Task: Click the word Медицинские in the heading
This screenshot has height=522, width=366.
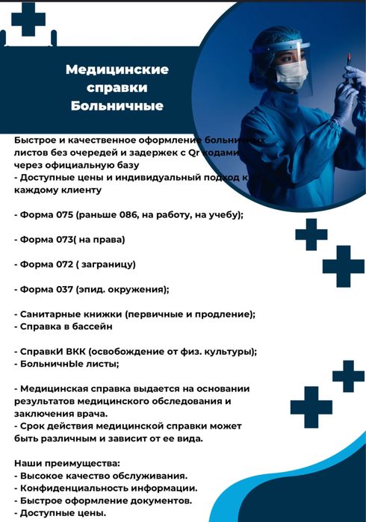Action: coord(117,70)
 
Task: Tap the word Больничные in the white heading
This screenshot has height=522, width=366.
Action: coord(117,106)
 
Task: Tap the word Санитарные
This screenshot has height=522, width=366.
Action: coord(58,314)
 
